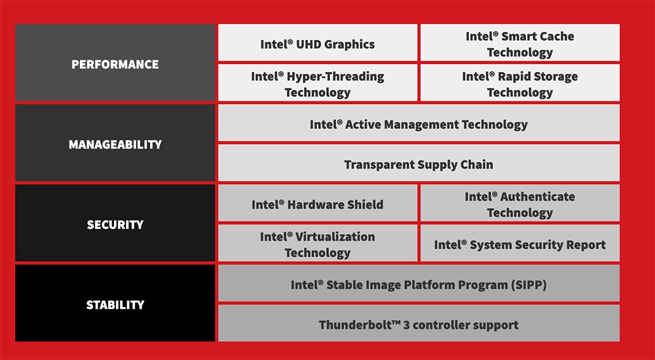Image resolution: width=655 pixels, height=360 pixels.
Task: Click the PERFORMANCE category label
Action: click(x=115, y=64)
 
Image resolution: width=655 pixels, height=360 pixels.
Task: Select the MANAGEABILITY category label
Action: click(x=115, y=144)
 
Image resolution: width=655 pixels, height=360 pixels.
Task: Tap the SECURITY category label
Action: click(x=115, y=225)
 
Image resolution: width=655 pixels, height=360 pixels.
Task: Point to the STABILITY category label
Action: click(x=115, y=304)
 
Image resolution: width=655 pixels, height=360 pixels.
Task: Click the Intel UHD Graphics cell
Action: click(x=318, y=44)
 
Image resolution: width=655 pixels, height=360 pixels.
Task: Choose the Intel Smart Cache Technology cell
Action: click(x=519, y=44)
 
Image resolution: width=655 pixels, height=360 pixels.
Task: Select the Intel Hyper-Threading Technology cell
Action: click(x=318, y=84)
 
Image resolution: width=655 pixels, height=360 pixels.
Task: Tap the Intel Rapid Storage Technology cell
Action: click(x=519, y=84)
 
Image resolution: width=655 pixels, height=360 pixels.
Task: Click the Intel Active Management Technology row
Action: click(x=419, y=124)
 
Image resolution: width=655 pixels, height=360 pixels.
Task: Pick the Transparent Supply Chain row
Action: click(x=419, y=164)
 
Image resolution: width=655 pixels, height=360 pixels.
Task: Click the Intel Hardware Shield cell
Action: click(x=318, y=204)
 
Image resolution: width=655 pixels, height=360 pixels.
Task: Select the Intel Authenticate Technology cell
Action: click(x=519, y=204)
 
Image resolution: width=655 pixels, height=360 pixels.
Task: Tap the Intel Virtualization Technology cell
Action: click(x=318, y=244)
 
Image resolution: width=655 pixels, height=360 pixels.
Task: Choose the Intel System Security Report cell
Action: click(x=519, y=245)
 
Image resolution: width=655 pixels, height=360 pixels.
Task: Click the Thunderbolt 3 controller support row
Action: click(x=419, y=325)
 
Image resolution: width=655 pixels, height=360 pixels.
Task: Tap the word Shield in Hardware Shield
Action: click(x=365, y=204)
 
